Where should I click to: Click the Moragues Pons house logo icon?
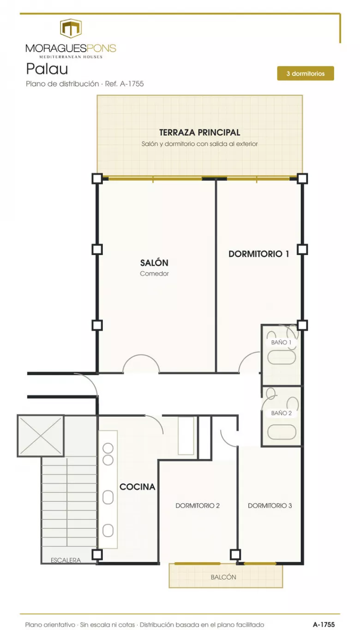click(x=71, y=28)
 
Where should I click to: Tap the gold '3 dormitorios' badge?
click(x=306, y=73)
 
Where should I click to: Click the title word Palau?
click(x=47, y=69)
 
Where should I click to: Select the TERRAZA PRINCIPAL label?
click(x=199, y=132)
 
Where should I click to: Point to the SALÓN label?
click(x=154, y=263)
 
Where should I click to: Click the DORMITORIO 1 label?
click(x=258, y=254)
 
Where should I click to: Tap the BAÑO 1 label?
click(x=281, y=342)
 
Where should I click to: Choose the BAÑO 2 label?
click(x=281, y=413)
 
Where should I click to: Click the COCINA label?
click(x=138, y=487)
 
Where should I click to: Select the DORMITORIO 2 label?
click(x=198, y=505)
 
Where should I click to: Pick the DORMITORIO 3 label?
click(x=270, y=505)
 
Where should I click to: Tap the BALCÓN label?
click(x=223, y=577)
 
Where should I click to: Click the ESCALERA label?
click(x=66, y=560)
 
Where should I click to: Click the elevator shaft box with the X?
click(x=41, y=436)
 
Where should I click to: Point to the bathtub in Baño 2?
click(x=282, y=432)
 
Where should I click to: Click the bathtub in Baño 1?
click(x=282, y=358)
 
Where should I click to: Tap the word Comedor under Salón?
click(x=154, y=273)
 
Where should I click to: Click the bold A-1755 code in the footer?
click(x=324, y=624)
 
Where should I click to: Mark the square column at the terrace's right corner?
click(x=302, y=178)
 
